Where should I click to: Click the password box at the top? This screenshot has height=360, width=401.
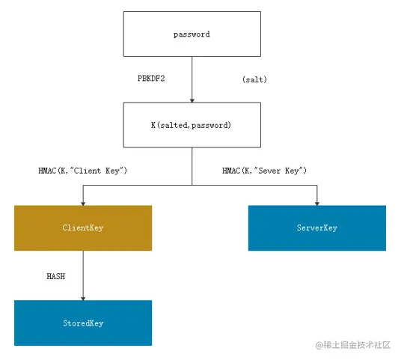tap(192, 34)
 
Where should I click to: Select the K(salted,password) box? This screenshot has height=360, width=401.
tap(192, 124)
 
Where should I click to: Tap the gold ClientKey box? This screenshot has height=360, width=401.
tap(83, 228)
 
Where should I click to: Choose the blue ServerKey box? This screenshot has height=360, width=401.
tap(317, 228)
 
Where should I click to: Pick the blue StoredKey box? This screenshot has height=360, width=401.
tap(83, 323)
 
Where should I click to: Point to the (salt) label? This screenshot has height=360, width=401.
tap(254, 79)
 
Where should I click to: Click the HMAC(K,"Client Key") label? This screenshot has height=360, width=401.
tap(83, 171)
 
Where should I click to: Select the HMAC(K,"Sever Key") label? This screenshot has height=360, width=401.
tap(265, 171)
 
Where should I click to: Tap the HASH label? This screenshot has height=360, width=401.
tap(56, 276)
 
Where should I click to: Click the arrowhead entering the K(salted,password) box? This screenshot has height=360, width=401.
tap(192, 100)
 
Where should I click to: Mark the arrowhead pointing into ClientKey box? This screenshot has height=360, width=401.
tap(83, 202)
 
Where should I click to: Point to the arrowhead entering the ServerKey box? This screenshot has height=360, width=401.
tap(317, 202)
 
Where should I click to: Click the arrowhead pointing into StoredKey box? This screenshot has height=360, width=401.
tap(83, 297)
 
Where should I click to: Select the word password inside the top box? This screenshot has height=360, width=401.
tap(192, 34)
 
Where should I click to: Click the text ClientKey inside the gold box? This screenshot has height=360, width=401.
tap(83, 228)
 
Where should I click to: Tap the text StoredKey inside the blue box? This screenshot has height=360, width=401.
tap(83, 323)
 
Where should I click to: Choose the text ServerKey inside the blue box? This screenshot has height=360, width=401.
tap(317, 228)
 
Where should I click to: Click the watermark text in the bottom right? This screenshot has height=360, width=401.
tap(354, 345)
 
